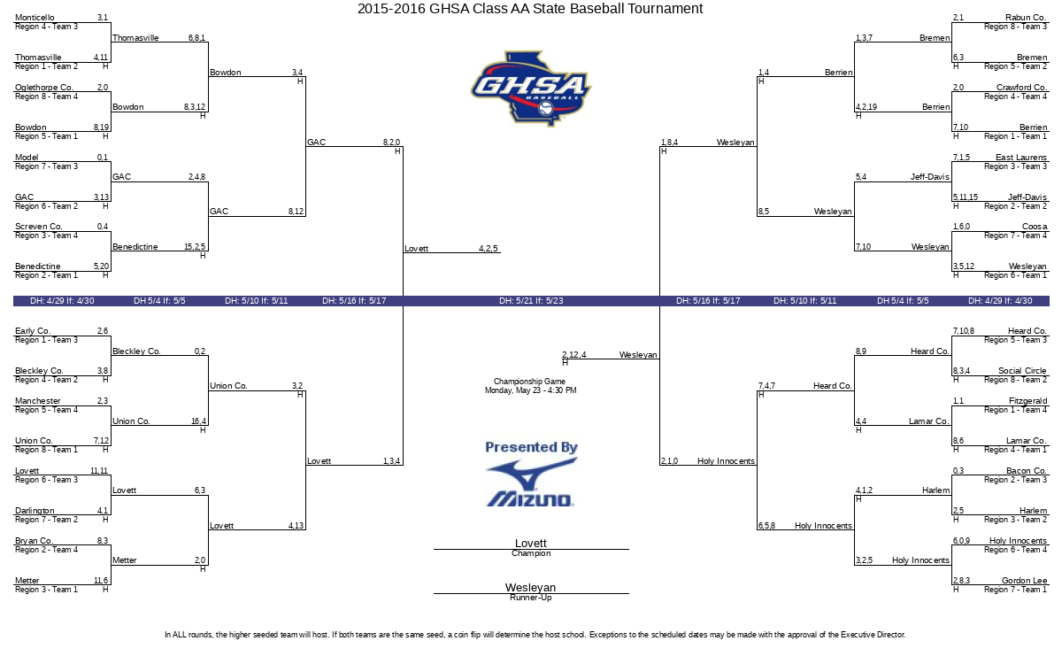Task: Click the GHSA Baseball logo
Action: [531, 89]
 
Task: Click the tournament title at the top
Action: [530, 9]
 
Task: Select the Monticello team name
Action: [35, 18]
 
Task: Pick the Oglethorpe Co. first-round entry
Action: [44, 88]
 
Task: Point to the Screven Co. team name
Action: [38, 227]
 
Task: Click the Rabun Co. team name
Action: [1026, 18]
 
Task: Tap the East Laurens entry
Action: [1021, 157]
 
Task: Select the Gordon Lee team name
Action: [1024, 580]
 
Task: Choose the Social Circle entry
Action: [1022, 370]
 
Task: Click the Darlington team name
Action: [35, 510]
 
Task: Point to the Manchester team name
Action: [38, 401]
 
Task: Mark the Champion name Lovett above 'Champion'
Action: [531, 543]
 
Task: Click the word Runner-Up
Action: [531, 598]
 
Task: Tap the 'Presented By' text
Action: [531, 447]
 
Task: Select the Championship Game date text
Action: [530, 390]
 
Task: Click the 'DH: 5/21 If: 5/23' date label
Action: [531, 301]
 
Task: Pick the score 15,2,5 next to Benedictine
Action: [195, 247]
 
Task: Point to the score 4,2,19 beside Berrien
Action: [866, 107]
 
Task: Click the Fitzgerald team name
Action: [1027, 401]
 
